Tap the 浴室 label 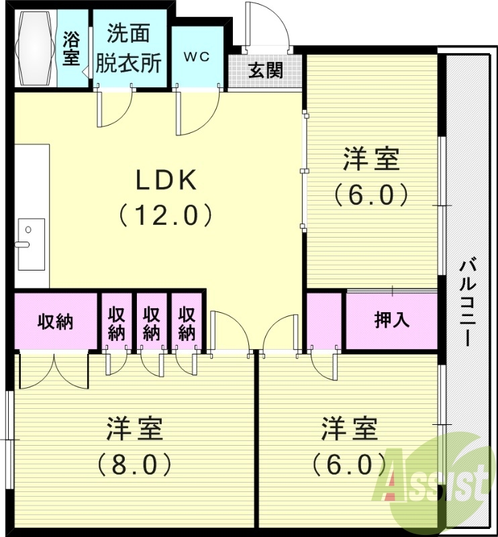pyautogui.click(x=71, y=48)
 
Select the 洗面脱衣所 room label pyautogui.click(x=128, y=48)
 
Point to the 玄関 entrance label pyautogui.click(x=266, y=70)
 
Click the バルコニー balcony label pyautogui.click(x=468, y=302)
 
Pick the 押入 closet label pyautogui.click(x=391, y=320)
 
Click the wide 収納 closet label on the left pyautogui.click(x=54, y=322)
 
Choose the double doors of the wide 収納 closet pyautogui.click(x=54, y=371)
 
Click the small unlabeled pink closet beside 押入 pyautogui.click(x=325, y=320)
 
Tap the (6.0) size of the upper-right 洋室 pyautogui.click(x=371, y=195)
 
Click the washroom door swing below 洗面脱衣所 pyautogui.click(x=115, y=107)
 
